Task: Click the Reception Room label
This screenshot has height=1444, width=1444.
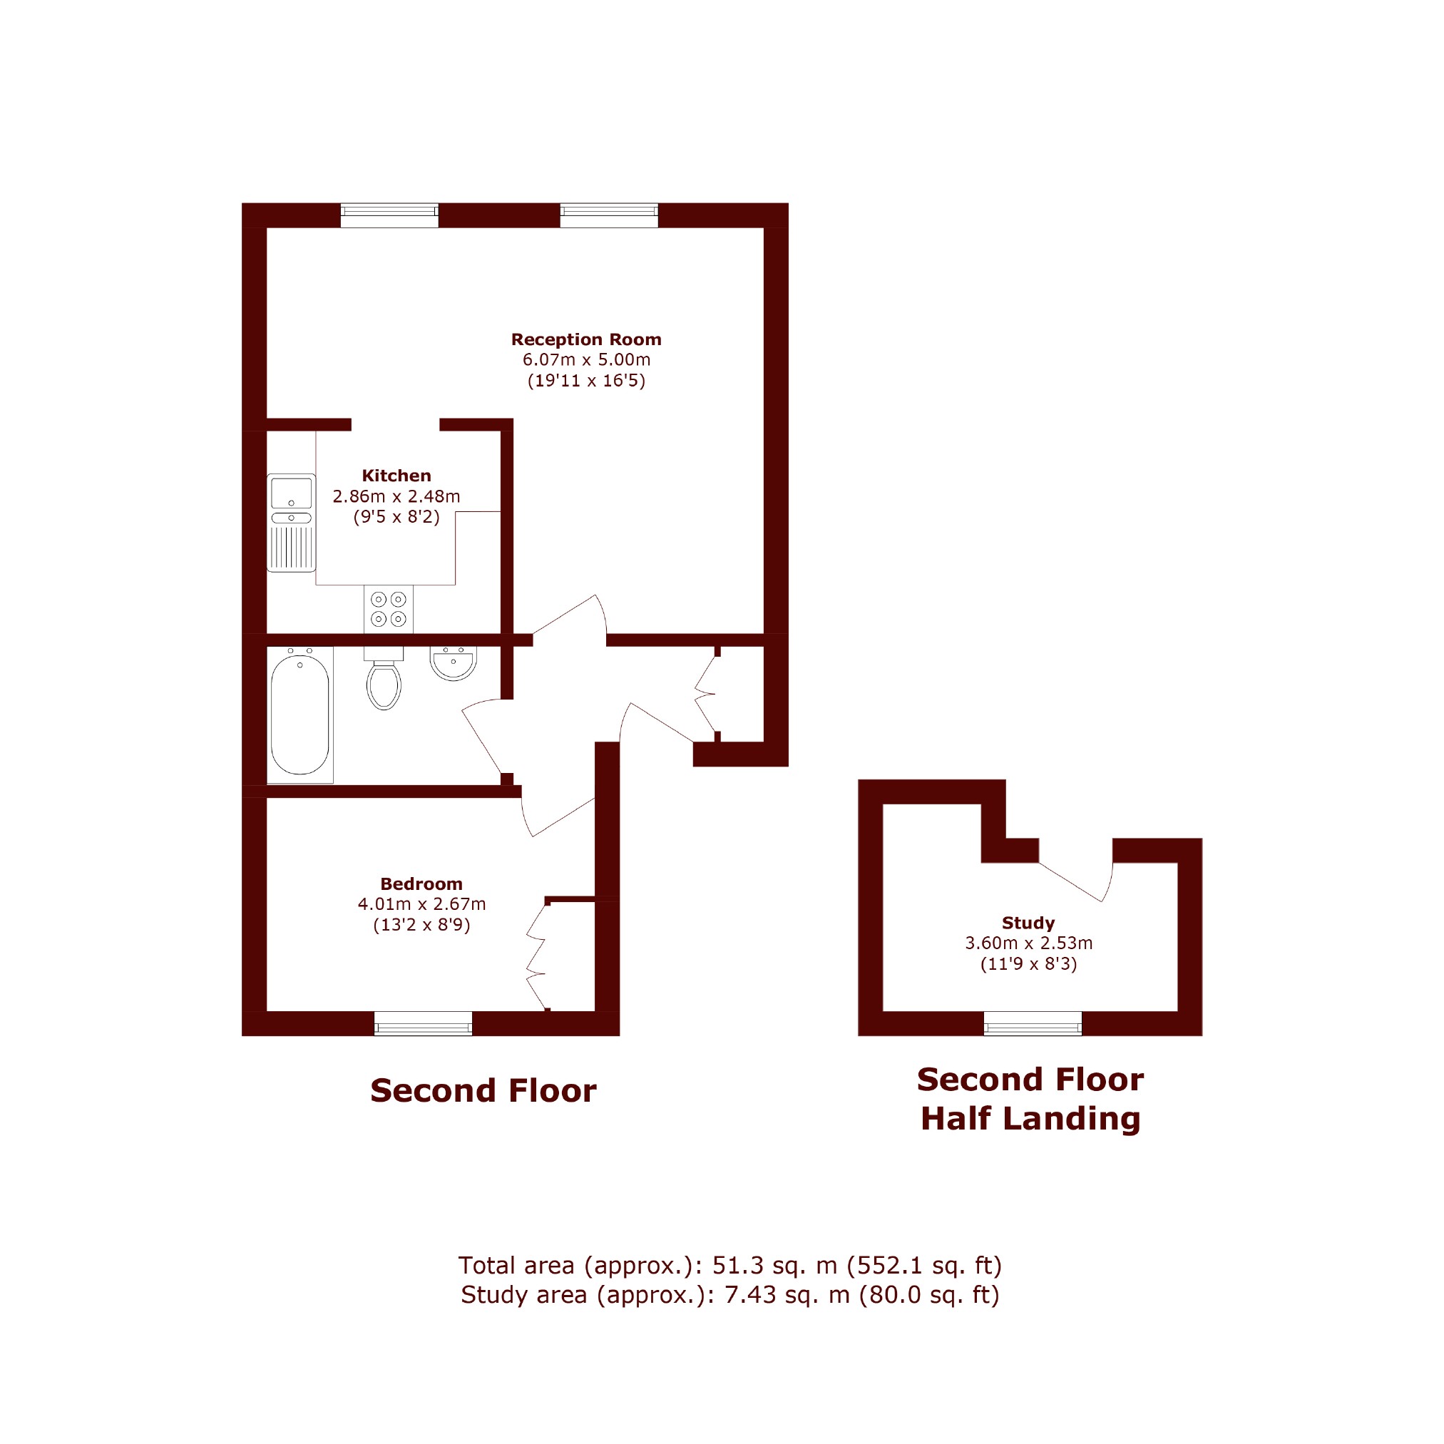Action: (x=586, y=339)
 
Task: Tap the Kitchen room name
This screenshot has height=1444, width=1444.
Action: (x=396, y=476)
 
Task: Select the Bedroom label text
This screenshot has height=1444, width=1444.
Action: (x=421, y=884)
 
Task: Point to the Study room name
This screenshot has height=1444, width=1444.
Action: (x=1028, y=922)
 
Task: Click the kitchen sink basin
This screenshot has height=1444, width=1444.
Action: (x=292, y=493)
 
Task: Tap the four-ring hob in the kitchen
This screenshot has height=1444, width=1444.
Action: (x=389, y=608)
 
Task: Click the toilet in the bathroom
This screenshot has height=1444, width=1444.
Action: (x=384, y=678)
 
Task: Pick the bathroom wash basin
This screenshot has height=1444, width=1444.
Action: (x=454, y=663)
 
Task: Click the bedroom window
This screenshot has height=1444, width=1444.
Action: (x=423, y=1023)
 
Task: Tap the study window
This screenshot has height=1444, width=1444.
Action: (x=1033, y=1023)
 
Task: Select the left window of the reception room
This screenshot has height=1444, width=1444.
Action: (x=389, y=215)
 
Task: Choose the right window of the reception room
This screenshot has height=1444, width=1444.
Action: (x=609, y=215)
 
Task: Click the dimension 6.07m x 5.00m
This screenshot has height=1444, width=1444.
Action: (x=586, y=359)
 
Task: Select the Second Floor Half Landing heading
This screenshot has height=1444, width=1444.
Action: (x=1030, y=1100)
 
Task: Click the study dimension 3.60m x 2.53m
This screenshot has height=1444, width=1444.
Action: (x=1028, y=943)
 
